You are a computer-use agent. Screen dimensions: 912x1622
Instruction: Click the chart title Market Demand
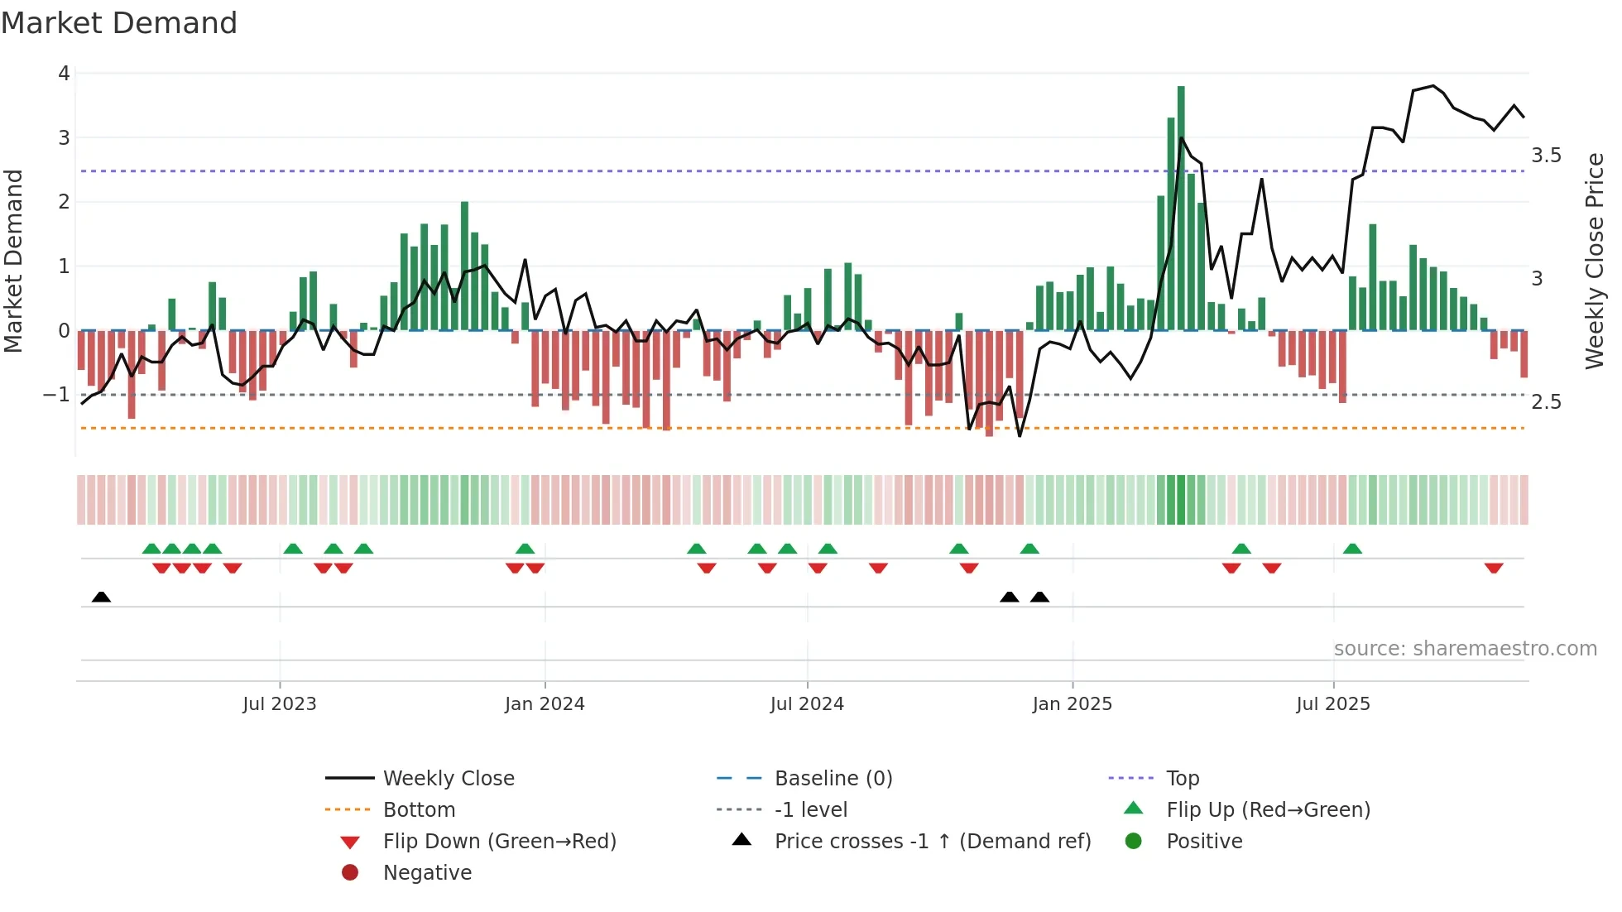tap(119, 22)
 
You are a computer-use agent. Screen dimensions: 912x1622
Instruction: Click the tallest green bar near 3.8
tap(1181, 207)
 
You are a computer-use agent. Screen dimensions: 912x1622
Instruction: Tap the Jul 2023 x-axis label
tap(280, 703)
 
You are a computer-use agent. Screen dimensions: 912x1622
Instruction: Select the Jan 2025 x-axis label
tap(1072, 703)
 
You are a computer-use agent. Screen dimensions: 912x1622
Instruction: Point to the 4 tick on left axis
tap(64, 73)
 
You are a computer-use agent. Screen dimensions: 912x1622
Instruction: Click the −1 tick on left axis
tap(56, 394)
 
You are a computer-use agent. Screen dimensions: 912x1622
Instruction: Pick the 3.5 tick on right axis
tap(1546, 156)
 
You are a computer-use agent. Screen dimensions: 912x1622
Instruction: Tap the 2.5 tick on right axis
tap(1546, 402)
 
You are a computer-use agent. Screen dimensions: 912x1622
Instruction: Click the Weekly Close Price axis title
tap(1595, 261)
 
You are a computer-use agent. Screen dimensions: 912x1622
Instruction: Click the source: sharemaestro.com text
tap(1465, 648)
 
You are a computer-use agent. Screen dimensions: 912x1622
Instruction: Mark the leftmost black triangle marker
tap(101, 597)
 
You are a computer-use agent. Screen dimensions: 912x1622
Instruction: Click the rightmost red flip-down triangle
tap(1494, 568)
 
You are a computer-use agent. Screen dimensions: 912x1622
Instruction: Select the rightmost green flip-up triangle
tap(1352, 549)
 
